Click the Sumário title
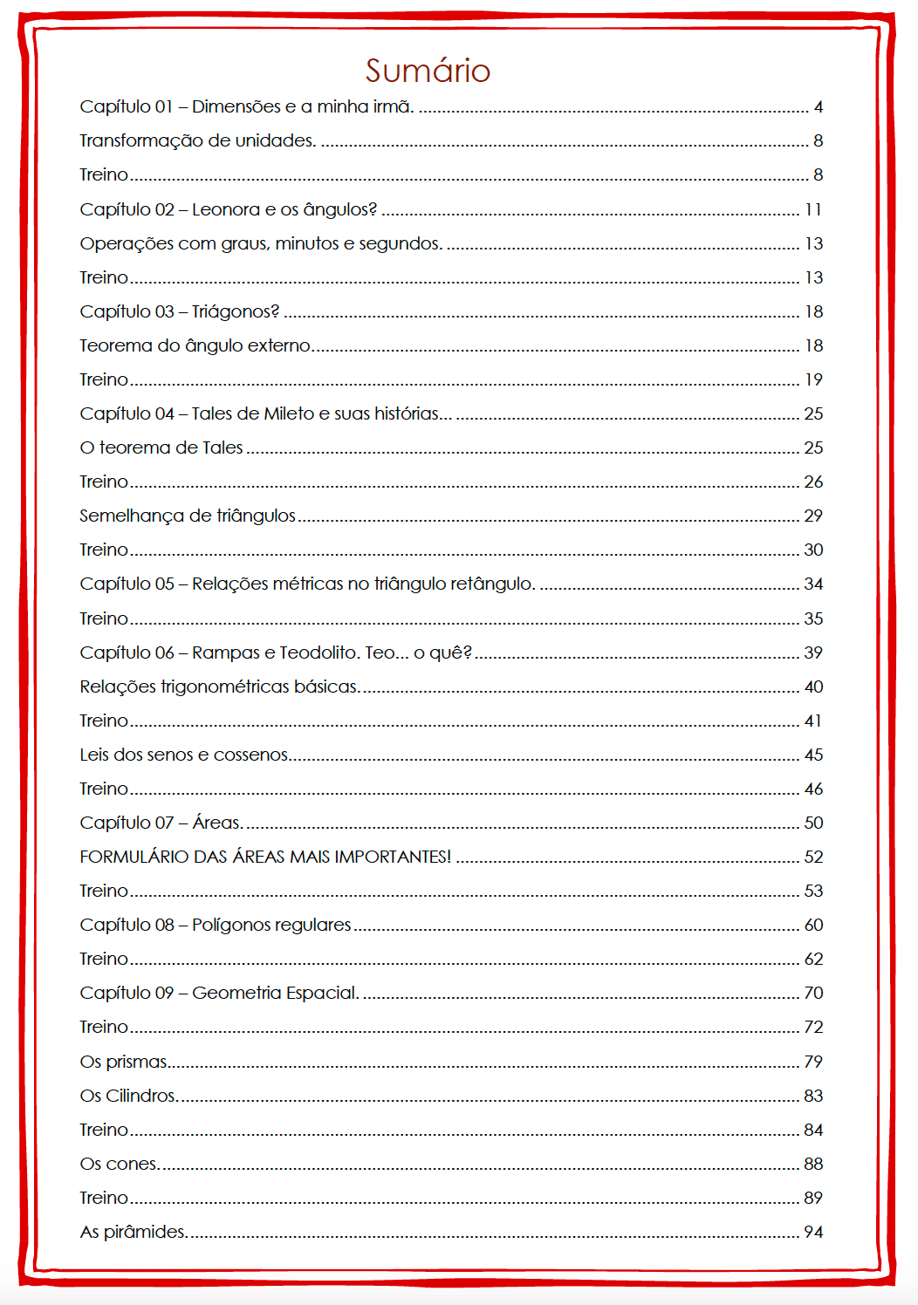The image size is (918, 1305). (x=428, y=71)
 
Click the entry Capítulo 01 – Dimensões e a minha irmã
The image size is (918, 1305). (x=246, y=106)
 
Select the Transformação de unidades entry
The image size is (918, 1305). (x=197, y=140)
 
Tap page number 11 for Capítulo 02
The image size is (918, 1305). (x=813, y=209)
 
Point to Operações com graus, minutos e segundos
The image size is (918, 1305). (x=261, y=243)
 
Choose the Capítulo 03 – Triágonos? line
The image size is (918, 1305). (x=179, y=311)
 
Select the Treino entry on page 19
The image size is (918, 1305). (x=104, y=379)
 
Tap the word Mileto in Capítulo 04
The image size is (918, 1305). (x=289, y=413)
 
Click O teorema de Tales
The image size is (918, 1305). (x=161, y=448)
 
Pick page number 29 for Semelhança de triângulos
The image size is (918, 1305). (x=813, y=516)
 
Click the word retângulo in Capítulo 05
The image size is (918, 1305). (x=492, y=584)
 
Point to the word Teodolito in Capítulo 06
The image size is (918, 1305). (x=319, y=652)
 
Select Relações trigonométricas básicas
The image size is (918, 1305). (x=219, y=687)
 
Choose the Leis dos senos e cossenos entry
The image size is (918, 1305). (x=184, y=755)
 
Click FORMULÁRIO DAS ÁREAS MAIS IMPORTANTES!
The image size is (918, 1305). (x=265, y=857)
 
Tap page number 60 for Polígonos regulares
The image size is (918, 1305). (x=813, y=925)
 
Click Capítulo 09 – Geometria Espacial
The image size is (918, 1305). (x=219, y=993)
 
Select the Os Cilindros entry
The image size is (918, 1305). (x=128, y=1096)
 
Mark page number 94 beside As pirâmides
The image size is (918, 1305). (x=813, y=1232)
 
